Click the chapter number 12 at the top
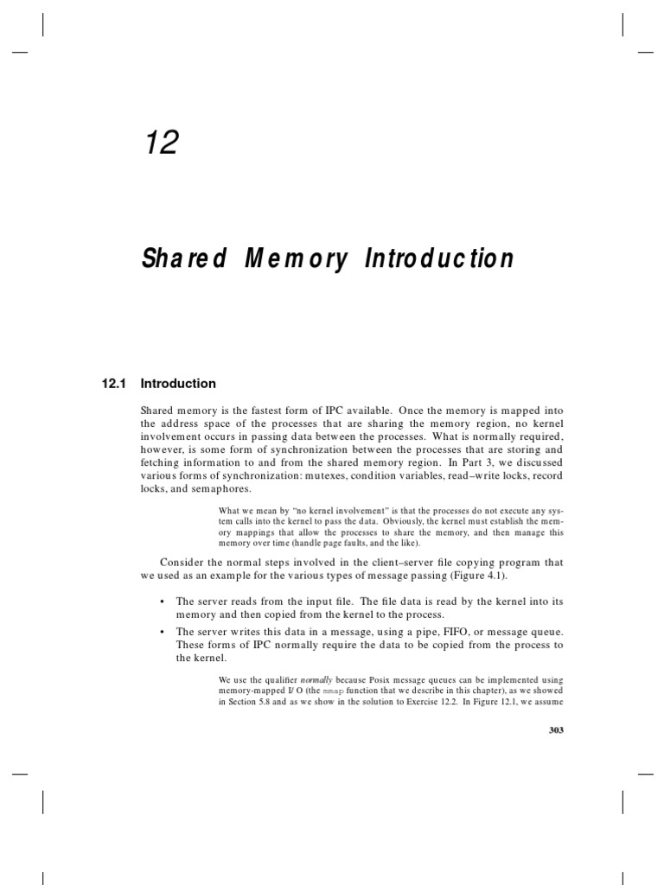click(x=161, y=141)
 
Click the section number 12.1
click(x=116, y=384)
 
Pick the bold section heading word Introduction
click(x=178, y=384)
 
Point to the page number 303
click(x=556, y=730)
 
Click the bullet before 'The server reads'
click(x=162, y=601)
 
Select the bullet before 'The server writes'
click(x=162, y=632)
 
